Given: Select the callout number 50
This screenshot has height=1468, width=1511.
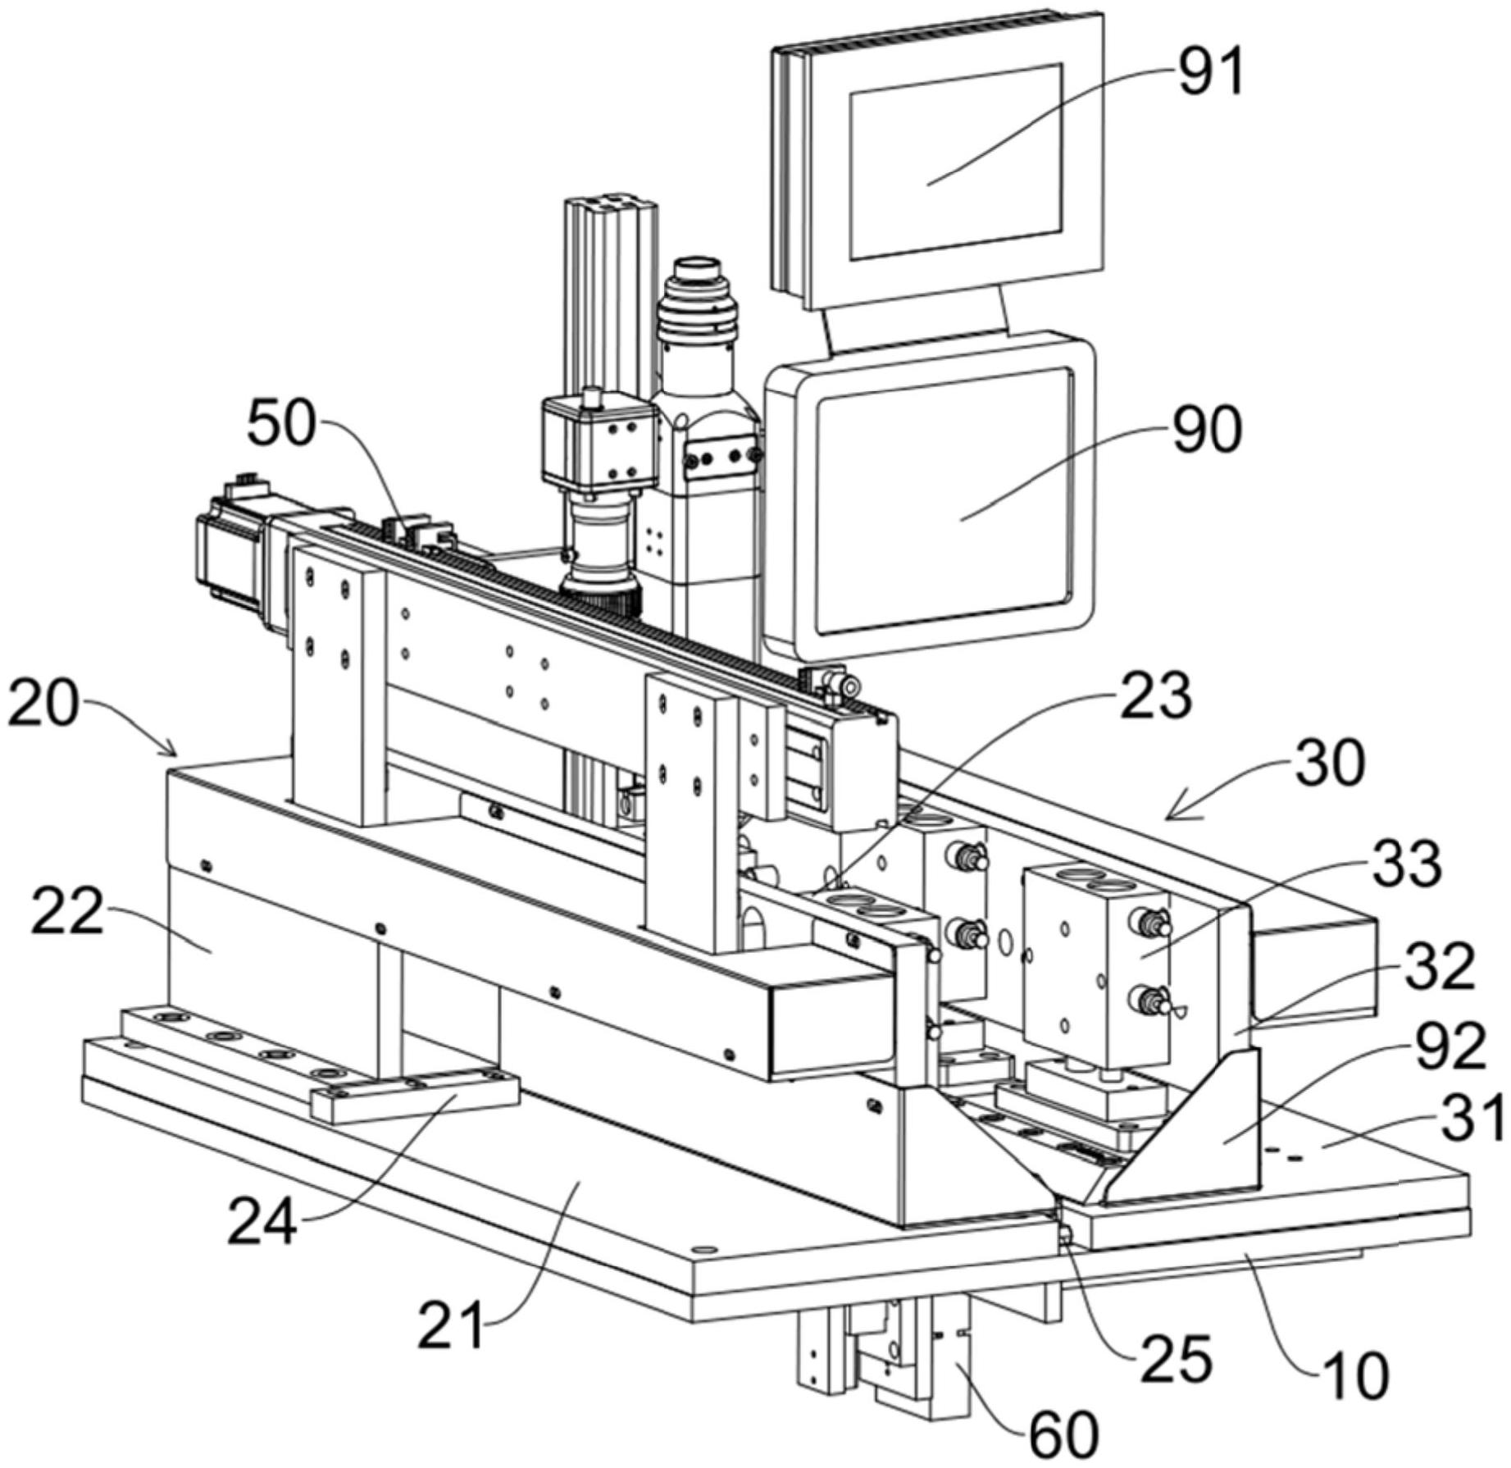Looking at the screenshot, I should click(x=281, y=423).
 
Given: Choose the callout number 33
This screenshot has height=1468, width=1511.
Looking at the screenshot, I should click(x=1407, y=864).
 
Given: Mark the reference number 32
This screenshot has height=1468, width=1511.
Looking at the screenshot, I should click(x=1440, y=967).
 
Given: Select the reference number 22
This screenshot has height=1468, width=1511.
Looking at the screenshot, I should click(x=67, y=911).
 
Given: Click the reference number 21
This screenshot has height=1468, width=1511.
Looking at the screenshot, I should click(x=450, y=1326).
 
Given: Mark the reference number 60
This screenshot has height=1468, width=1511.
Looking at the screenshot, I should click(x=1063, y=1434).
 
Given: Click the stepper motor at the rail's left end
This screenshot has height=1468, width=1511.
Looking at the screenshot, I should click(x=234, y=555).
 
